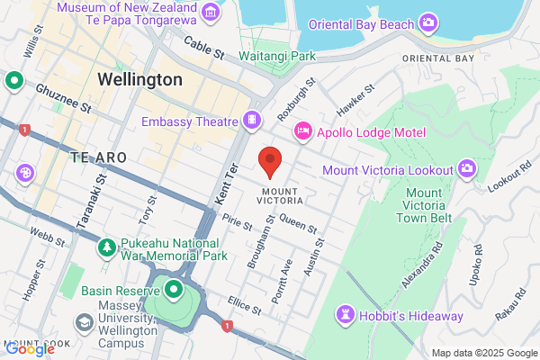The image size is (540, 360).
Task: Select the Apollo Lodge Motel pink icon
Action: click(303, 132)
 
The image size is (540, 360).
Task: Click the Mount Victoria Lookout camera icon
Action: click(466, 168)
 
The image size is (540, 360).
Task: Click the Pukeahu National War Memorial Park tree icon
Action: click(107, 247)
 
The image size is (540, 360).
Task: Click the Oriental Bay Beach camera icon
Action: click(429, 22)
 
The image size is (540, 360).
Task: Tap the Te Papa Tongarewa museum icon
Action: click(211, 12)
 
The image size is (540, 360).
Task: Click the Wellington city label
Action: click(139, 79)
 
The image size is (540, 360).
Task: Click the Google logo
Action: click(29, 349)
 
